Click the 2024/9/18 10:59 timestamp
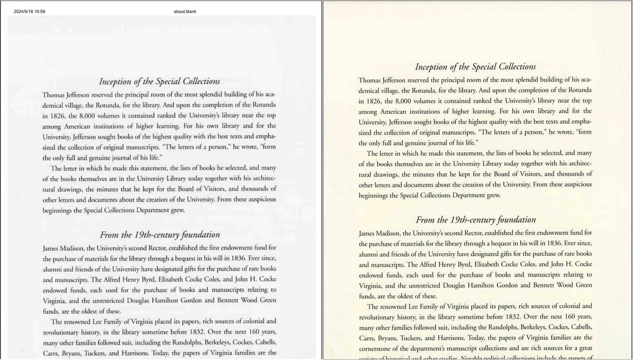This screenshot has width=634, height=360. tap(29, 11)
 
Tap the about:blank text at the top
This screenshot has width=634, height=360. tap(185, 11)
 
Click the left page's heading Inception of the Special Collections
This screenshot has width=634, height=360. tap(159, 82)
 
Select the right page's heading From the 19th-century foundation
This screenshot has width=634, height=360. tap(475, 220)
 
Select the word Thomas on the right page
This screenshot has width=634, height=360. tap(369, 80)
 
